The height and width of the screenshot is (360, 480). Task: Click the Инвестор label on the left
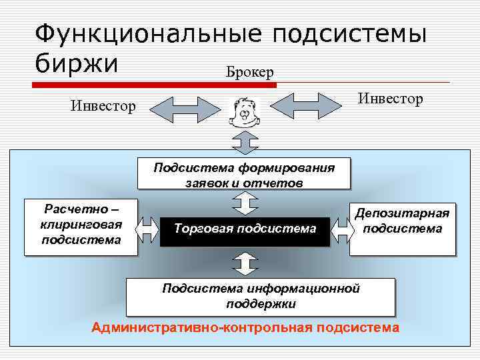pos(103,106)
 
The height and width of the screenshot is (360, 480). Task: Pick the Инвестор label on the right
pos(390,99)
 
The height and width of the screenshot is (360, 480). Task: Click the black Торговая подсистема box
pos(245,229)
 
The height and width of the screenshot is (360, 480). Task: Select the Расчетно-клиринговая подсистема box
pos(81,227)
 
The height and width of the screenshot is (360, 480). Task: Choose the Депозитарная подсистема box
pos(402,228)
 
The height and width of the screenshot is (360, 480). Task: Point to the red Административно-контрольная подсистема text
pos(246,327)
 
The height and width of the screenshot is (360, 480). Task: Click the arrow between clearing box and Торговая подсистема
pos(148,229)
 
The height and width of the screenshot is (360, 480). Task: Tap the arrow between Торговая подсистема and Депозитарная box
pos(341,229)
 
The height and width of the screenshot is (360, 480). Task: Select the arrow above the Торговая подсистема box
pos(245,203)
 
